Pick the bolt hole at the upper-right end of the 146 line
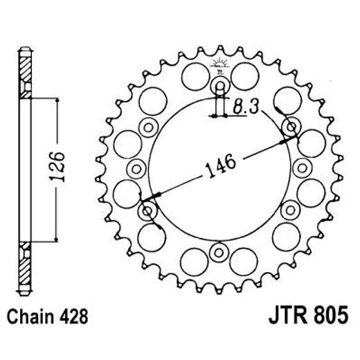click(291, 127)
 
